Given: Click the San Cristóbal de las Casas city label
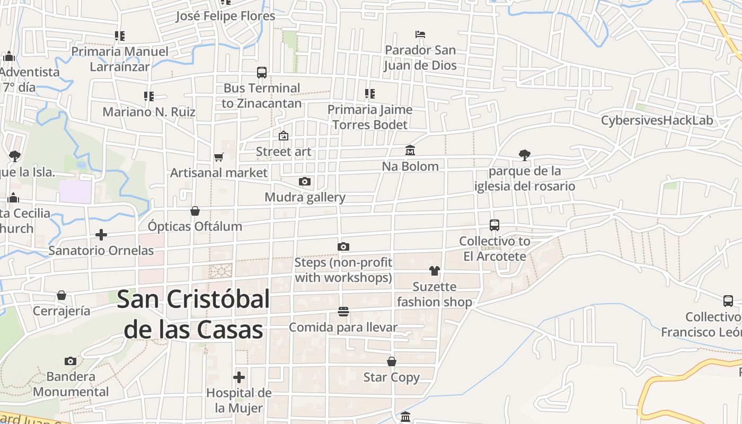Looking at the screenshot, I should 193,314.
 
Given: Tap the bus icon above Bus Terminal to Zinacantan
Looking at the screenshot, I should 262,73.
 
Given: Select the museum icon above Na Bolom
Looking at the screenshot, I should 410,151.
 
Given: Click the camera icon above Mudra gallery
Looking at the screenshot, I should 305,182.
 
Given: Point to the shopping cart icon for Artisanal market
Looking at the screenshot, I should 218,157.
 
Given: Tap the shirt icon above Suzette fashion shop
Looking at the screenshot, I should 435,271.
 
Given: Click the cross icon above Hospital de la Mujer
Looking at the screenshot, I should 239,377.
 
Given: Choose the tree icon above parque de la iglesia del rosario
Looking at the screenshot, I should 525,155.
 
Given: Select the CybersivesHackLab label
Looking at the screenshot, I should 657,120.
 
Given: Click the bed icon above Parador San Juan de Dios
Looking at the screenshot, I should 420,34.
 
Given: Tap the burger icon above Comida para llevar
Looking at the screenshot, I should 343,312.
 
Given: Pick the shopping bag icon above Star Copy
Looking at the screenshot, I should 392,361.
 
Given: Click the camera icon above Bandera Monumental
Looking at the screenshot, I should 70,361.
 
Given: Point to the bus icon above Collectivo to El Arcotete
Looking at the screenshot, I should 494,225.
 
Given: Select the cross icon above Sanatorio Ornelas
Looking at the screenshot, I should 101,234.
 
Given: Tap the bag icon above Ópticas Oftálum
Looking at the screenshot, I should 195,211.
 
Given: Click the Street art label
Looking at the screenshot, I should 284,152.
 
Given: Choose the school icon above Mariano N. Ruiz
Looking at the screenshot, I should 149,96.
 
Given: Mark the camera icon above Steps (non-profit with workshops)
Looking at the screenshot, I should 343,246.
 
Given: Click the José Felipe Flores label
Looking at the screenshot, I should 226,16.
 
